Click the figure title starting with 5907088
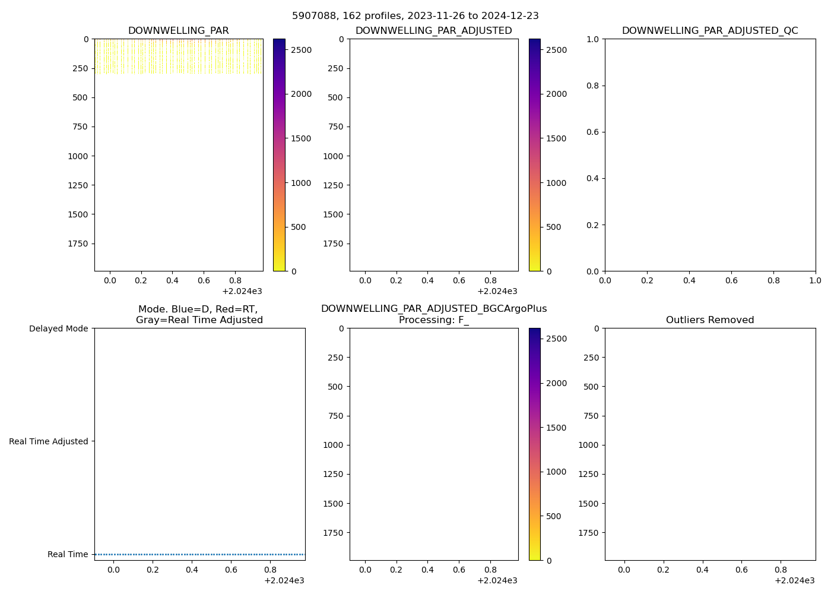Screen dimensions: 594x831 coord(415,16)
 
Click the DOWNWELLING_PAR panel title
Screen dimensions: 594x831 coord(178,31)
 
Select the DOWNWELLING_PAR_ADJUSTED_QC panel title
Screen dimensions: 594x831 coord(710,31)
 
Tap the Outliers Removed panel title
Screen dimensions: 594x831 coord(710,320)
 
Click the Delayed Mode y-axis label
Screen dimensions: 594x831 coord(58,328)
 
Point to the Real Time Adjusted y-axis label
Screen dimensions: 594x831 coord(49,441)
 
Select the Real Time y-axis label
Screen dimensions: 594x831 coord(68,554)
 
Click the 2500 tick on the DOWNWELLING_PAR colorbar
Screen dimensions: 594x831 coord(301,50)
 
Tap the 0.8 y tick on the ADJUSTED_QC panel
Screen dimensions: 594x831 coord(594,86)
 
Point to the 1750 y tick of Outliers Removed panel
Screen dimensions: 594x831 coord(588,533)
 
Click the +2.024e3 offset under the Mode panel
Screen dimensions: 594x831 coord(284,580)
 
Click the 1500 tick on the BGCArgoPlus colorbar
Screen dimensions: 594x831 coord(556,428)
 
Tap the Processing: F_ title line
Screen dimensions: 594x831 coord(434,320)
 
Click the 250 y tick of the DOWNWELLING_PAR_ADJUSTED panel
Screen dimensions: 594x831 coord(335,68)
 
